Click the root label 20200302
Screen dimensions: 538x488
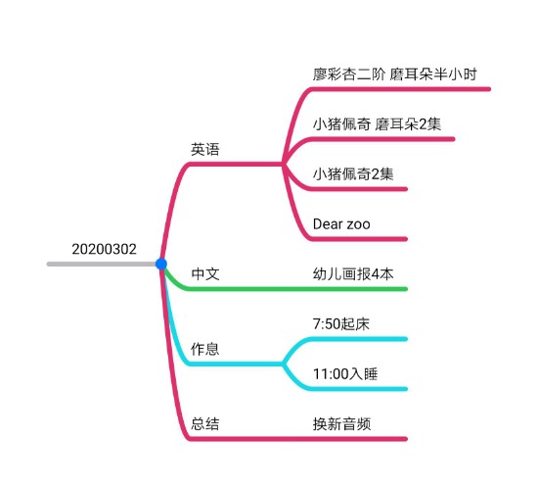tap(104, 249)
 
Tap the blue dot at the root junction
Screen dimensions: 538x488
tap(161, 264)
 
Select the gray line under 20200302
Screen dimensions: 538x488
tap(102, 264)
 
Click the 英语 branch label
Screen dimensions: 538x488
tap(204, 150)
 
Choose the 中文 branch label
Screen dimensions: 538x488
tap(205, 274)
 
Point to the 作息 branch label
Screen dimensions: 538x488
tap(204, 349)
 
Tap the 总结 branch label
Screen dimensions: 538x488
tap(204, 423)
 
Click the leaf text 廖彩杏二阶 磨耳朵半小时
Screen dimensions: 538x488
tap(394, 74)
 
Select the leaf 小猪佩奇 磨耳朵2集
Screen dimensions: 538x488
tap(377, 124)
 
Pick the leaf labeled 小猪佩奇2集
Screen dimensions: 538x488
tap(353, 173)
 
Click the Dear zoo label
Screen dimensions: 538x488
tap(341, 224)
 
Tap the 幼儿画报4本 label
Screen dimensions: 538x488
tap(353, 274)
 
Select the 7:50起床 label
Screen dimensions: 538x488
tap(341, 324)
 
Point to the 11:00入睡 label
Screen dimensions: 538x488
tap(345, 374)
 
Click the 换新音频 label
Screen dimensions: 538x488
tap(341, 423)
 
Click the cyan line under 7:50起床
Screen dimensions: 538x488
tap(346, 339)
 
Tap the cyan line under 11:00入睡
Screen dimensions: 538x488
tap(346, 389)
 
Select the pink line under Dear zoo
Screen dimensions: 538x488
tap(346, 239)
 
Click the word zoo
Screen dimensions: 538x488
tap(359, 225)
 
